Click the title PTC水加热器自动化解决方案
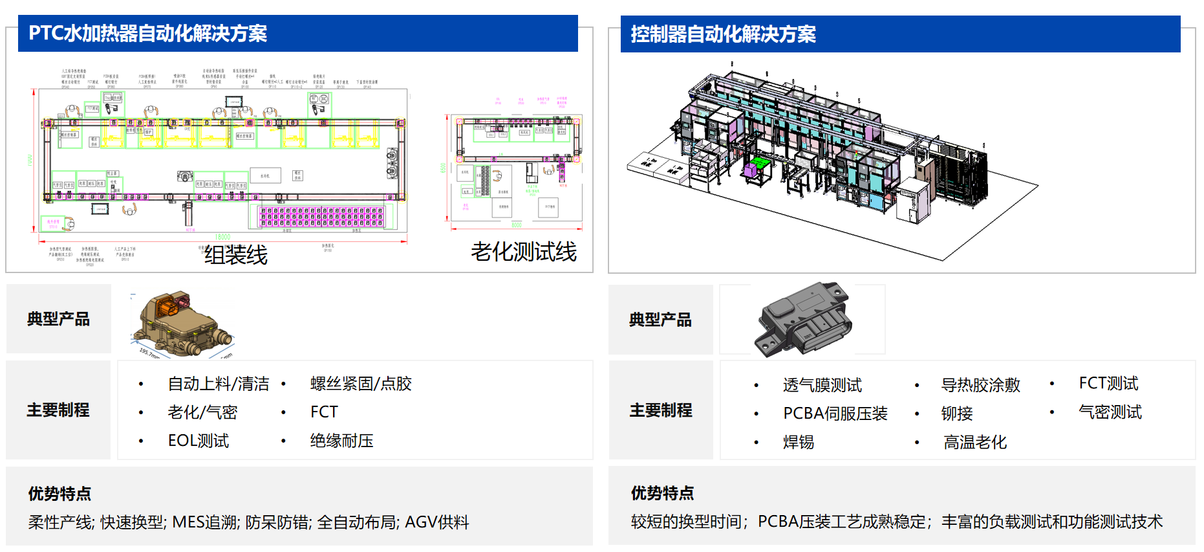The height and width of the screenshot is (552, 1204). click(x=148, y=34)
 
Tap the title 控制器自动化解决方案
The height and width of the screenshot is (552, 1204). click(x=723, y=34)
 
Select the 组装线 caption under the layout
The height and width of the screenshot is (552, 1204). click(x=236, y=255)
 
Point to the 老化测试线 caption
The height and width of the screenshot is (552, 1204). click(x=523, y=252)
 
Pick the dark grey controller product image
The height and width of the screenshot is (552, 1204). click(x=802, y=319)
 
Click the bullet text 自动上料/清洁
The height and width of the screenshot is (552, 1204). click(x=219, y=384)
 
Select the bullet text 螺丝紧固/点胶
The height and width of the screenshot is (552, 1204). click(x=361, y=384)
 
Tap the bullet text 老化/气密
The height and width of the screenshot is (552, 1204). click(x=202, y=412)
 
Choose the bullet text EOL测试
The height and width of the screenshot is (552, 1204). click(x=199, y=441)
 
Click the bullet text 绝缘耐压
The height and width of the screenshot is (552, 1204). click(x=341, y=441)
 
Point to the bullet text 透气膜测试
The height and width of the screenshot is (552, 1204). click(x=822, y=385)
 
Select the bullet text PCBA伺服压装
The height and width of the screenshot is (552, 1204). click(x=835, y=414)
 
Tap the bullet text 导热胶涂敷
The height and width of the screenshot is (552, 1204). click(x=980, y=385)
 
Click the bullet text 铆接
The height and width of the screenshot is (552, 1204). click(x=957, y=414)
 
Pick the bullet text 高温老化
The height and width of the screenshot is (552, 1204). click(x=975, y=442)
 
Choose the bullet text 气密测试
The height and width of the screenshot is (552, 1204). click(x=1110, y=412)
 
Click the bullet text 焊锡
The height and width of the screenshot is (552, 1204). click(x=799, y=442)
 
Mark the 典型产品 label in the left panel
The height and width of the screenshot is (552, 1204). click(x=58, y=319)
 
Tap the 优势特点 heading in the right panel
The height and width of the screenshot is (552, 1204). click(x=662, y=493)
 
